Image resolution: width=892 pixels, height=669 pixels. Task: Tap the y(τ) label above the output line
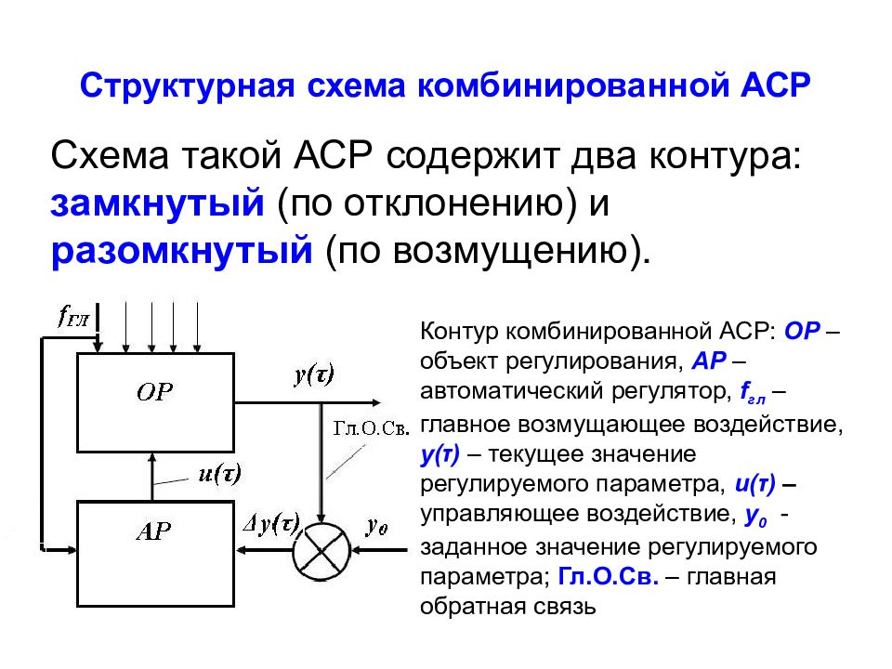click(x=314, y=374)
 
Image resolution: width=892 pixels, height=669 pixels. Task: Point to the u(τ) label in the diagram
click(x=219, y=473)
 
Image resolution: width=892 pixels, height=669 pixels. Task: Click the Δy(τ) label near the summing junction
click(x=271, y=524)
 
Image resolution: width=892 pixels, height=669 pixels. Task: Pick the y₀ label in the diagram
click(x=377, y=526)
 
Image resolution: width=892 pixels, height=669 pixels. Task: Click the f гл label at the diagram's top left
click(x=73, y=316)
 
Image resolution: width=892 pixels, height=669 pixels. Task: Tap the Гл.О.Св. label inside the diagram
click(x=371, y=428)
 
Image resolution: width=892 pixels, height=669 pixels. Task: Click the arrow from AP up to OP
click(x=151, y=477)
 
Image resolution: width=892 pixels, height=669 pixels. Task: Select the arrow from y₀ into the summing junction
click(x=379, y=551)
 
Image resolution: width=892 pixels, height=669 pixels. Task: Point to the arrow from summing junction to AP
click(x=264, y=550)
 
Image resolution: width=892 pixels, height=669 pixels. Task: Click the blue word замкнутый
click(x=158, y=203)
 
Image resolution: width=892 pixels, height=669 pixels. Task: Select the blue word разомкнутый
click(x=181, y=250)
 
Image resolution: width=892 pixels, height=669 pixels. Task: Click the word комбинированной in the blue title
click(x=573, y=85)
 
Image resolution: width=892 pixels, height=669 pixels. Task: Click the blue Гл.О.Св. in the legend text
click(x=608, y=577)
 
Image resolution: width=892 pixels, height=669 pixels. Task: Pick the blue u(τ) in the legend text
click(x=754, y=484)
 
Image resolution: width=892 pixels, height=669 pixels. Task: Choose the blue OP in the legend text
click(x=802, y=331)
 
